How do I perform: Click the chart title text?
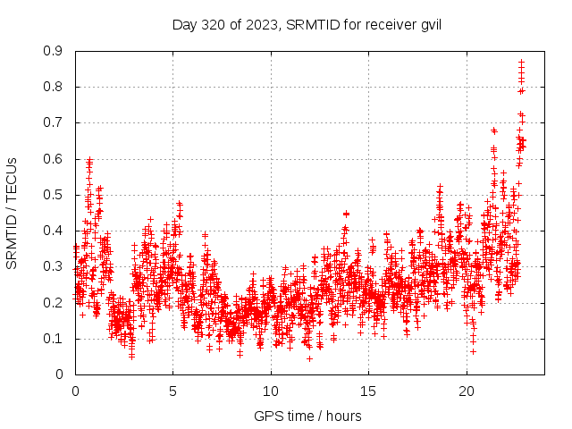(307, 24)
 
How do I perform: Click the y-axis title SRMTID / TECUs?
(12, 214)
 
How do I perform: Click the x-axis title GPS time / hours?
(307, 416)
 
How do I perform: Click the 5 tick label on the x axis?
(172, 391)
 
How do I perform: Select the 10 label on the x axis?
(271, 391)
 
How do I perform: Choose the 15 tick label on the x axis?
(368, 391)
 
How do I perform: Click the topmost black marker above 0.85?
(521, 62)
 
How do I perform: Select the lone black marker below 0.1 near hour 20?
(473, 351)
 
